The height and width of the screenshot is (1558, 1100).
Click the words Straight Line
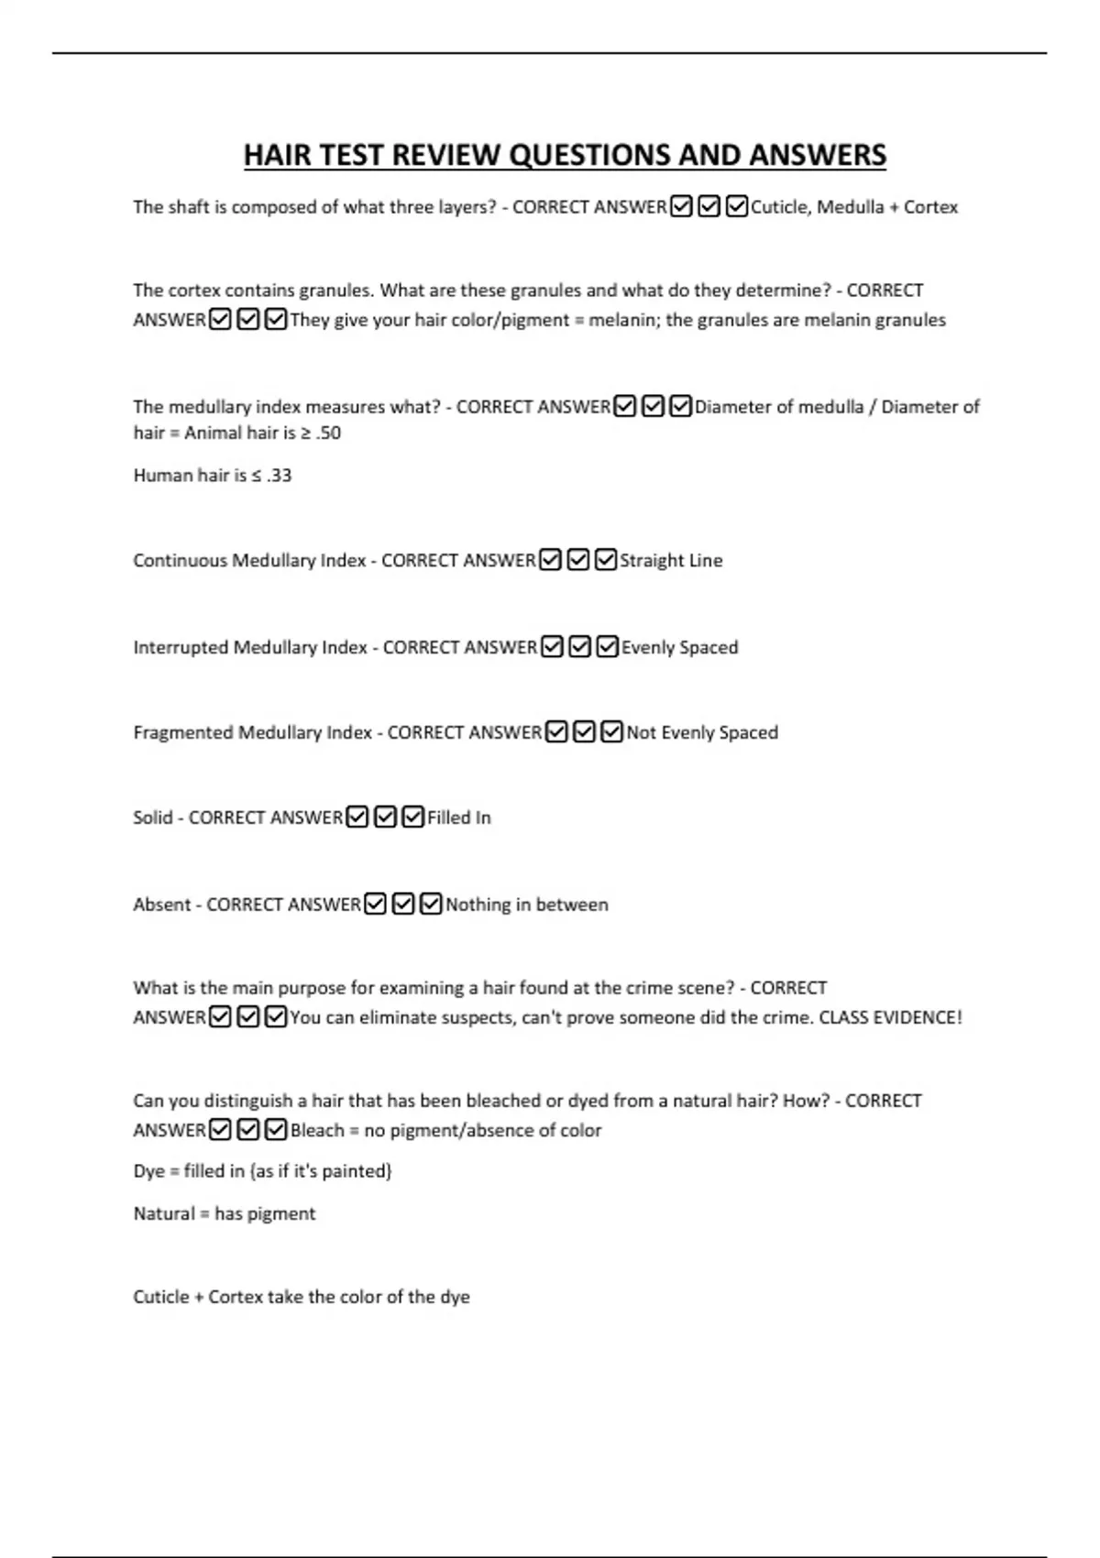[x=671, y=560]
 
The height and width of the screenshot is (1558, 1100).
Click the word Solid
[x=152, y=817]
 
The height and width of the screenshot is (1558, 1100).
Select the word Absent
[x=161, y=905]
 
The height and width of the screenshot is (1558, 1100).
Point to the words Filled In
[x=459, y=817]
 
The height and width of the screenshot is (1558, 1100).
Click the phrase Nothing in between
[x=527, y=905]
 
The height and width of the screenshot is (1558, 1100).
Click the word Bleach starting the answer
[x=317, y=1130]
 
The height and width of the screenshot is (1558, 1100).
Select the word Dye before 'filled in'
[x=148, y=1170]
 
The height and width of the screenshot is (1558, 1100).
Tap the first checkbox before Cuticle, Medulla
[x=681, y=207]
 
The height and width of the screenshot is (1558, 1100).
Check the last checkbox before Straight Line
[x=606, y=560]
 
